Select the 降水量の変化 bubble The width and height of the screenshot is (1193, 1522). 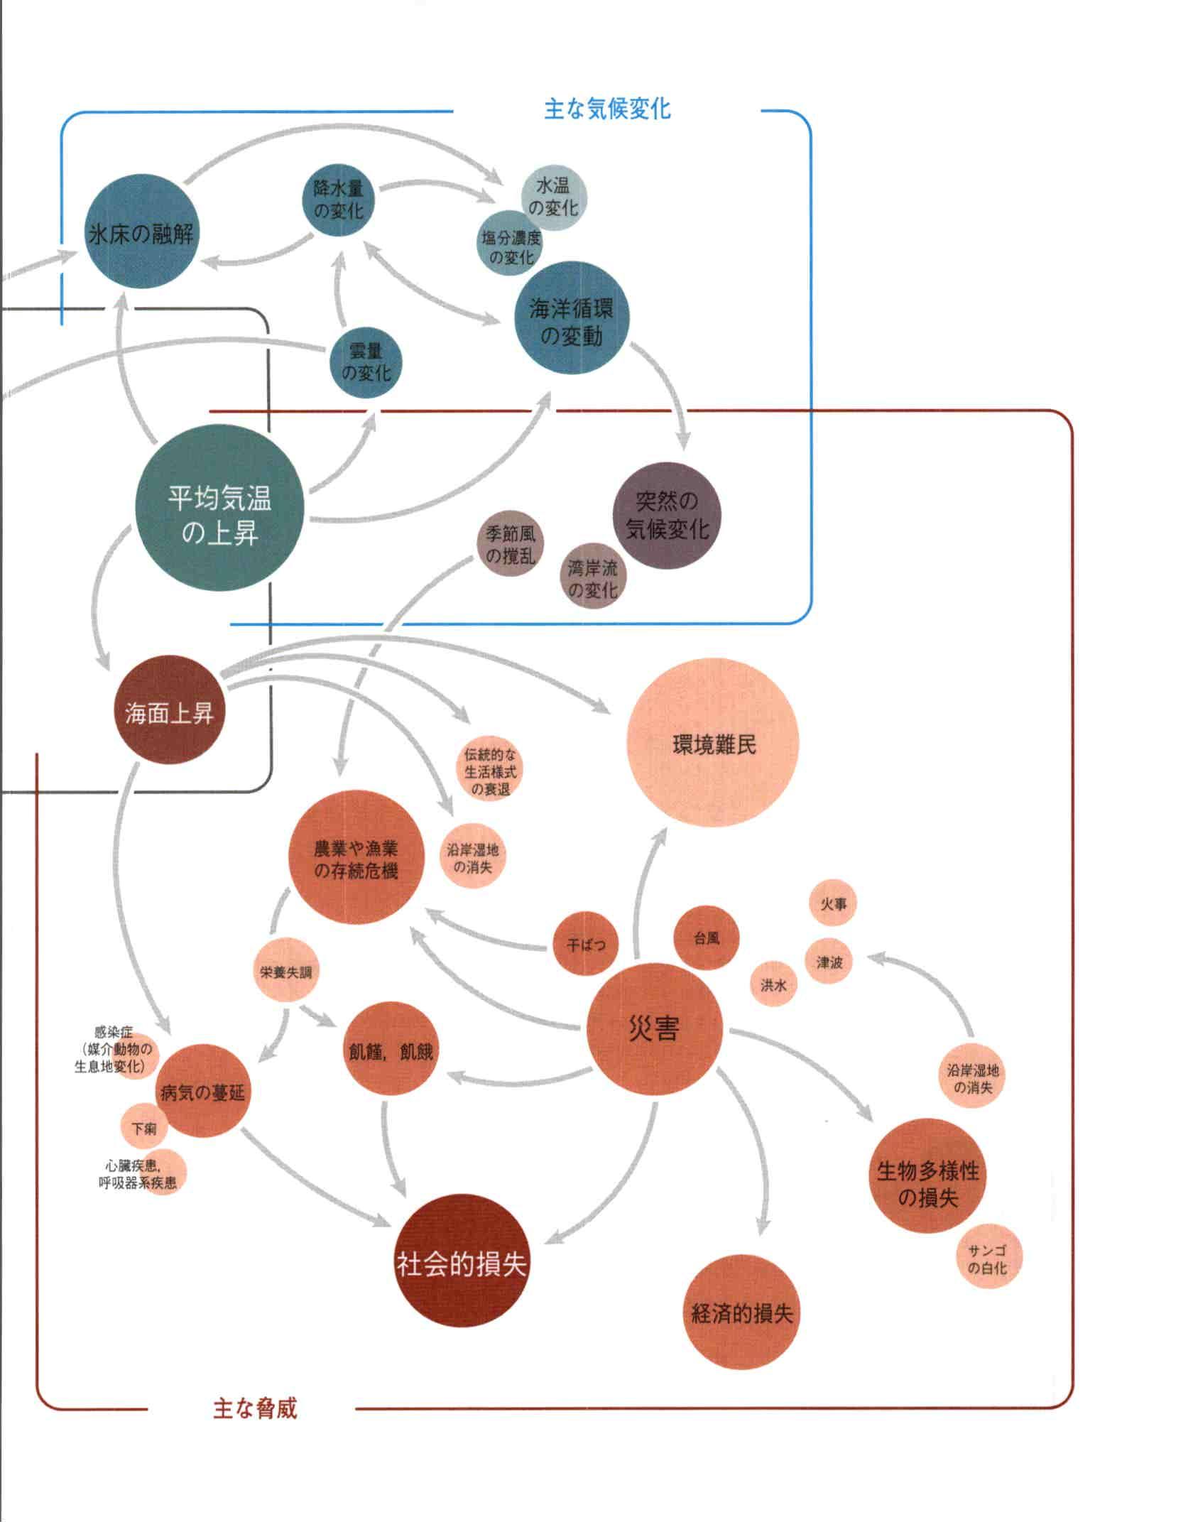point(339,200)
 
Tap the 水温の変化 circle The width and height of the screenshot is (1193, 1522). point(554,197)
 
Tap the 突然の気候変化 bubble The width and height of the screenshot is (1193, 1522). point(666,515)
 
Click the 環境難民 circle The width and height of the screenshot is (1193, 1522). point(713,744)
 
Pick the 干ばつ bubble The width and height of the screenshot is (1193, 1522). point(586,945)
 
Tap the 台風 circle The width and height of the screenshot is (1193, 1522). point(707,938)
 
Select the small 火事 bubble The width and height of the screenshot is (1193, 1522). point(834,904)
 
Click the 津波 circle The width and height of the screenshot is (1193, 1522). point(829,962)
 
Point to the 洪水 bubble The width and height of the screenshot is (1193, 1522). point(774,985)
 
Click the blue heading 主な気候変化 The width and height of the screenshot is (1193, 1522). point(607,109)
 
